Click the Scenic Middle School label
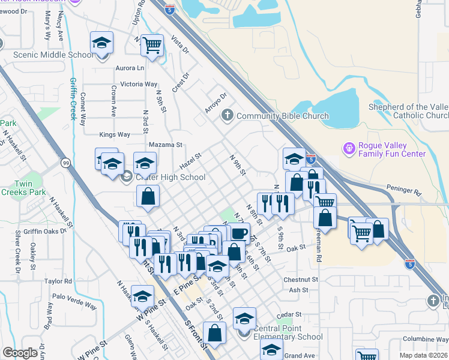(53, 55)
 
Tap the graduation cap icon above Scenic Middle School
(102, 43)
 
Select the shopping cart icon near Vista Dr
(152, 44)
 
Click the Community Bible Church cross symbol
(228, 115)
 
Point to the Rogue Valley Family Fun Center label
(391, 150)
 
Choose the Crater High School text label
(170, 177)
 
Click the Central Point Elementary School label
(288, 332)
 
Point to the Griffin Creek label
(74, 99)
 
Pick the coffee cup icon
(239, 233)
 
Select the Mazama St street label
(166, 145)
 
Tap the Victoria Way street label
(139, 85)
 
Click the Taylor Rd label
(58, 280)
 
